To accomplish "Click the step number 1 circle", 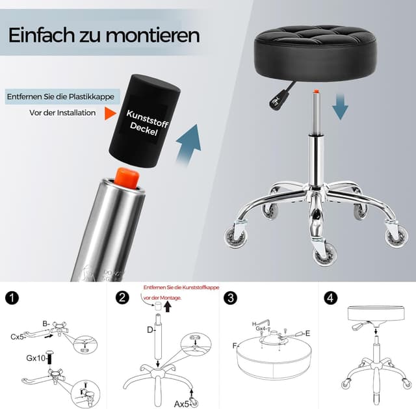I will [12, 298].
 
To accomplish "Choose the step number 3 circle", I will [230, 298].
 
